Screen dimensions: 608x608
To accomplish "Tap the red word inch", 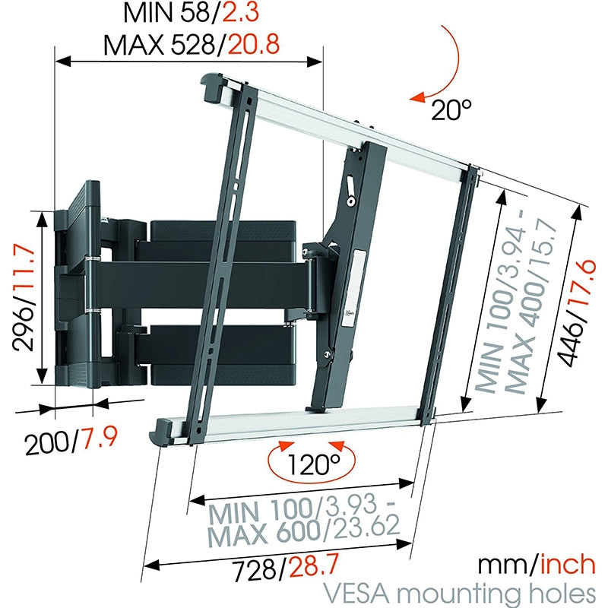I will tap(568, 563).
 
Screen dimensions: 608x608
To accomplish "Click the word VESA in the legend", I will tap(350, 591).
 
